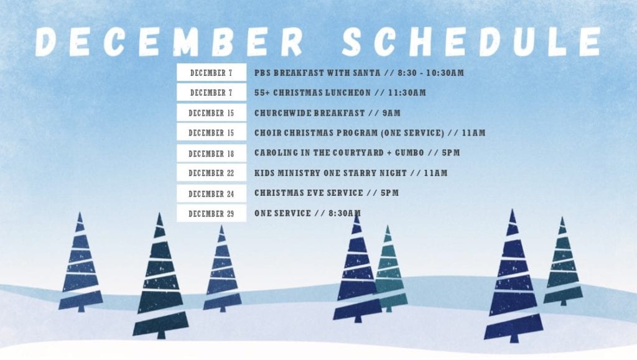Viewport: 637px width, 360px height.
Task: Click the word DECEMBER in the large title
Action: pos(169,42)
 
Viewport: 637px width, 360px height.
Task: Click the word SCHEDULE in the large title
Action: pos(472,42)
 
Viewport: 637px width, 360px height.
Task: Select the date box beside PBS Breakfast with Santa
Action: pos(212,73)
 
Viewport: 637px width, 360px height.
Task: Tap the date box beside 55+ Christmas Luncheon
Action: pos(212,93)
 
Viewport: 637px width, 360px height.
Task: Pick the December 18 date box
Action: pos(212,154)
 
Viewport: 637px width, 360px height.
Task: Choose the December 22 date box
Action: pos(212,173)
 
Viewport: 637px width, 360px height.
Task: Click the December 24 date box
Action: pos(212,193)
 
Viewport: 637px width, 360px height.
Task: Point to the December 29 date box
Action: pos(212,213)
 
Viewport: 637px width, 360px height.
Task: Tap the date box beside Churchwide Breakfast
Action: pos(212,113)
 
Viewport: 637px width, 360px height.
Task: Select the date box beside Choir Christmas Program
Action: pos(212,132)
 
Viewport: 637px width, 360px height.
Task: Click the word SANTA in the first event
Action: pos(366,73)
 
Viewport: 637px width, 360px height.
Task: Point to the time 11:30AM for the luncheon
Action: pos(407,93)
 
